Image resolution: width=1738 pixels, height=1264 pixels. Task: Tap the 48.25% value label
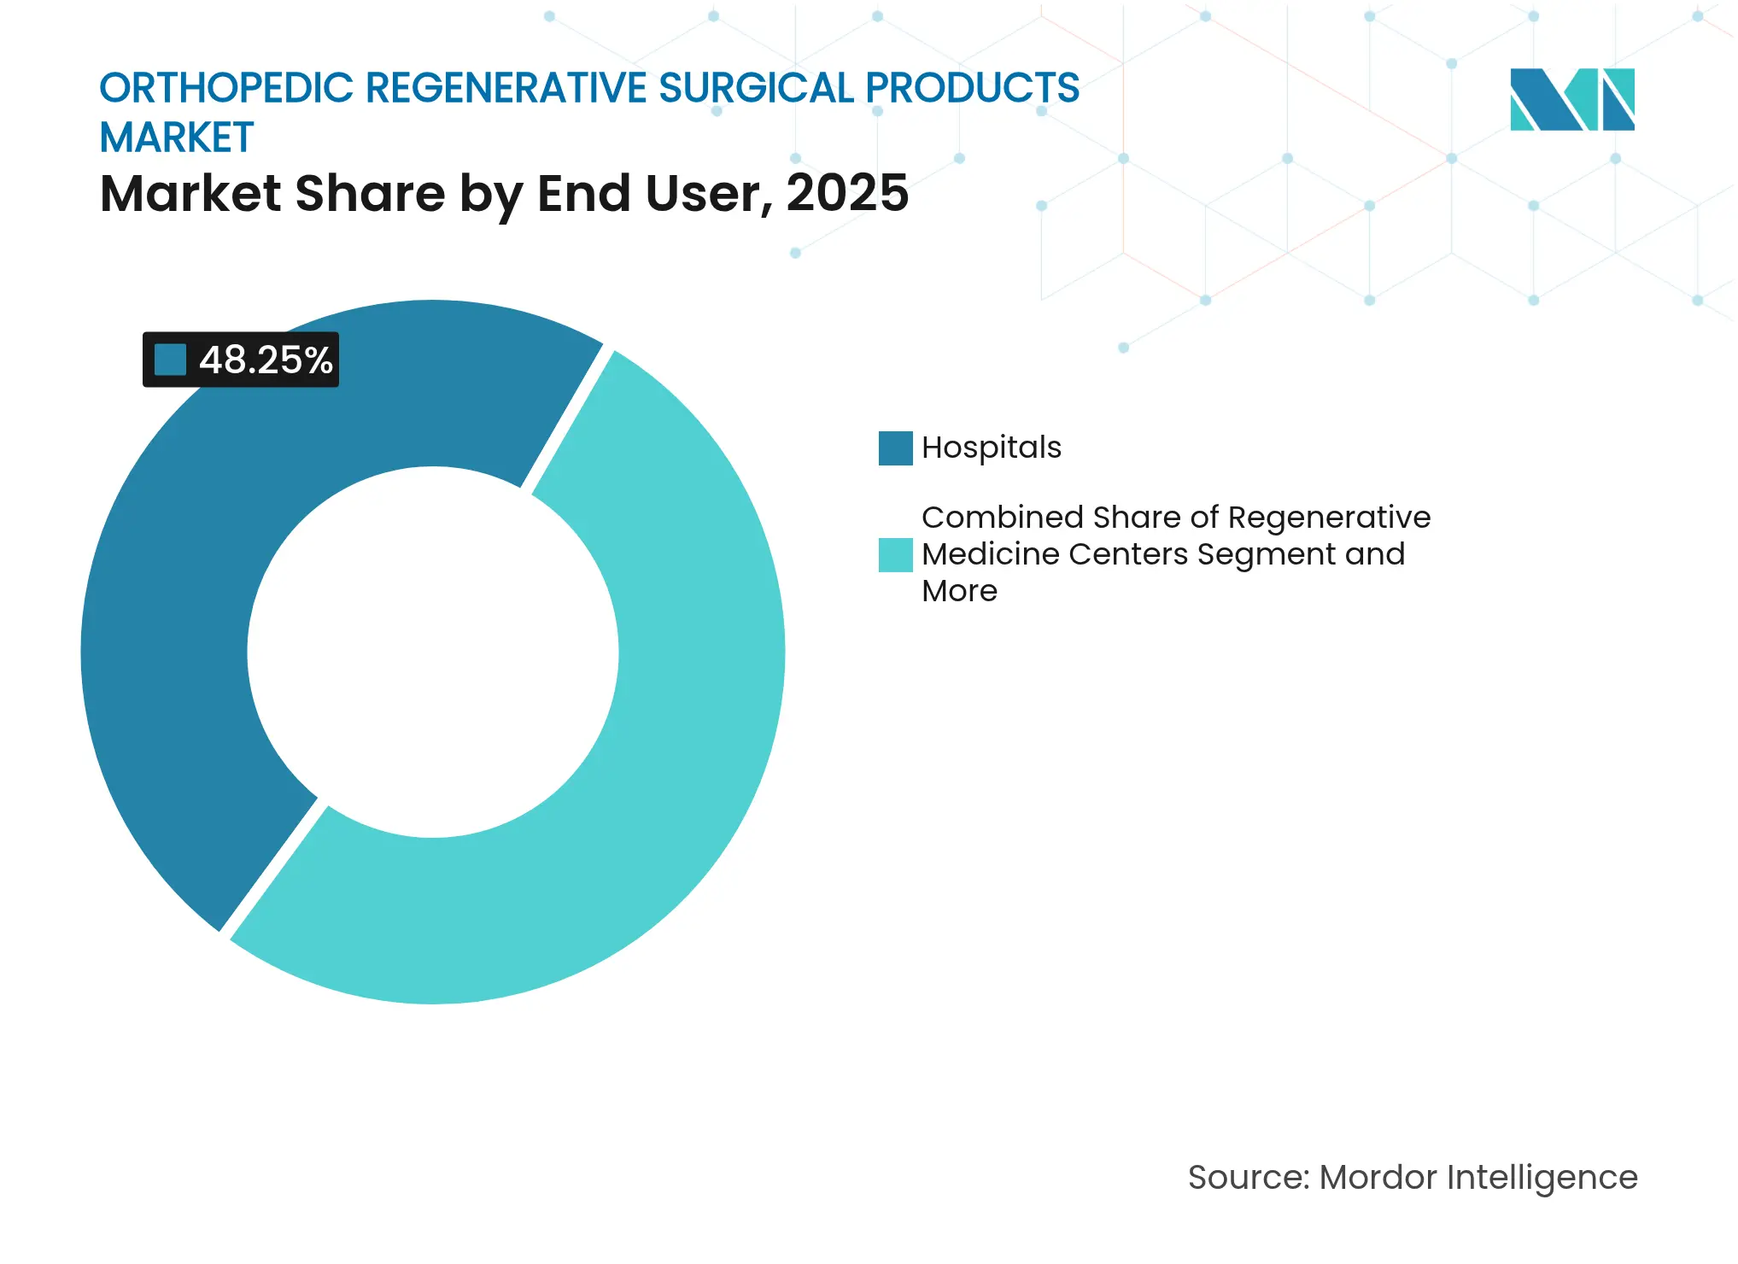266,360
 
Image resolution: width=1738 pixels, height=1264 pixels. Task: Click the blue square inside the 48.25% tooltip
170,360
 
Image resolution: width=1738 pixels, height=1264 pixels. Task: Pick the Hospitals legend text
991,448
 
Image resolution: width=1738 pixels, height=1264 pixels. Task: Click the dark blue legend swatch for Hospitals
895,448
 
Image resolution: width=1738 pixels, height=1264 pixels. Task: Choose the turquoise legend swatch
895,554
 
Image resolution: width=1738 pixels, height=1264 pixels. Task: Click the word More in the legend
959,591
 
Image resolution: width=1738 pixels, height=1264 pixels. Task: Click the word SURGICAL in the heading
756,89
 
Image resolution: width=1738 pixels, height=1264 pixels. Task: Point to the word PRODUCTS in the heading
973,89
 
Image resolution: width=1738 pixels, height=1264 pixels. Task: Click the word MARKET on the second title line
177,138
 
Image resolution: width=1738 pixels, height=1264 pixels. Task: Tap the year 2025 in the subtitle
847,194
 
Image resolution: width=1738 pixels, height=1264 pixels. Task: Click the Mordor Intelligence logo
1571,100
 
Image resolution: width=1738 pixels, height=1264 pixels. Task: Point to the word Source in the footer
1248,1178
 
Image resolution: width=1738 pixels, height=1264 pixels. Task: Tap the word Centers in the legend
1127,554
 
